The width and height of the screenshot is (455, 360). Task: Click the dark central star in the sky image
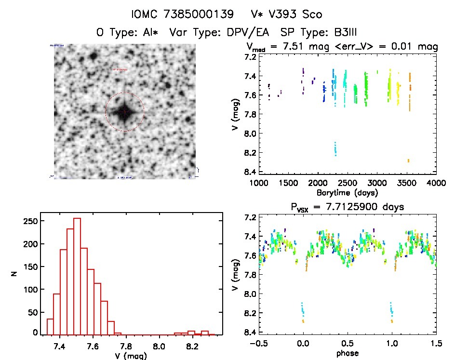[124, 111]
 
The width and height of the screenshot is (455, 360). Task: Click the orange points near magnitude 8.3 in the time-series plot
[408, 160]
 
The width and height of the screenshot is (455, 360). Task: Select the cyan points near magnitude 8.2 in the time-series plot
[335, 149]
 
